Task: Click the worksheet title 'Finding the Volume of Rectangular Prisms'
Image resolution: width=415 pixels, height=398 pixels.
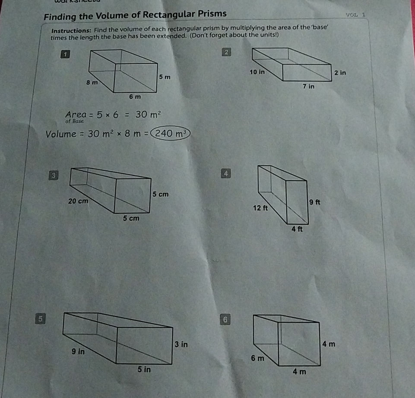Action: (135, 15)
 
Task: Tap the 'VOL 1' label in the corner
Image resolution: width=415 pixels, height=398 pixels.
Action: (356, 14)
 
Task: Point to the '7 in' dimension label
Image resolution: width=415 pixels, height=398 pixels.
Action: (308, 86)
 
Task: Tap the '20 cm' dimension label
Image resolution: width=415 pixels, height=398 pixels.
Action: (78, 201)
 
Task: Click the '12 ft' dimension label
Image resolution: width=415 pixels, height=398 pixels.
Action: (261, 208)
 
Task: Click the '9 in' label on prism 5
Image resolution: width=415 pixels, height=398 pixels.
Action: (79, 351)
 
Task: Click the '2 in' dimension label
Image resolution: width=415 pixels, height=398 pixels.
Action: (340, 72)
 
